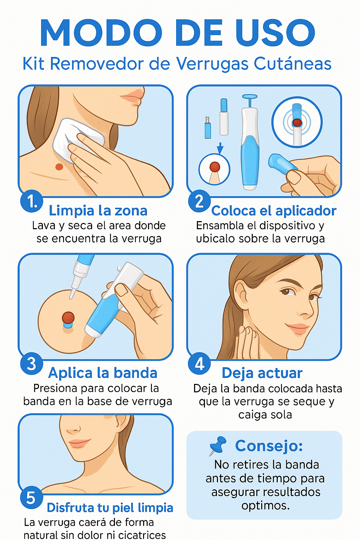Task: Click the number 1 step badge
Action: pos(32,201)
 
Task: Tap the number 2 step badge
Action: pos(199,201)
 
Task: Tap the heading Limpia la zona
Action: pos(98,211)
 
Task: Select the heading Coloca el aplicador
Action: pos(274,211)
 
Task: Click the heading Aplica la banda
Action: pos(103,373)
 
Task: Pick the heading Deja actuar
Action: pos(262,373)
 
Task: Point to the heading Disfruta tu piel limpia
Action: pos(110,507)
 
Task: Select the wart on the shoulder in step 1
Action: pos(59,167)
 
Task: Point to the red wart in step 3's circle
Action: pos(68,317)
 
